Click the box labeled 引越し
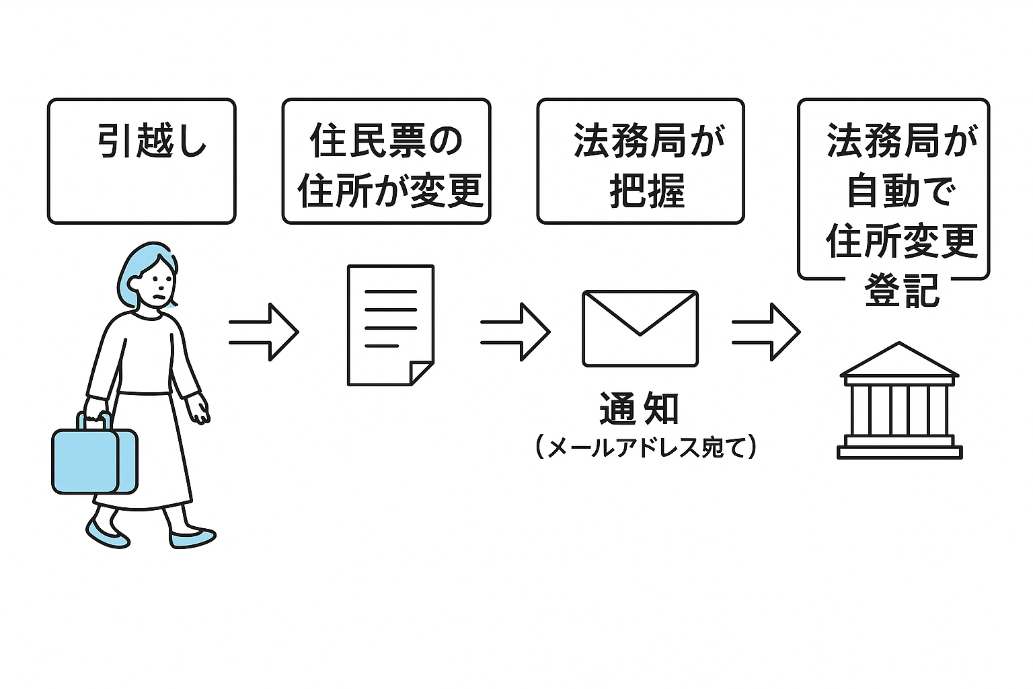click(141, 161)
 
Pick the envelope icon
click(640, 328)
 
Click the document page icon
click(390, 325)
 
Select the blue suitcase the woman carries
click(95, 461)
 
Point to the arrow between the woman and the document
click(263, 332)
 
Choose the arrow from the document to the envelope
click(514, 332)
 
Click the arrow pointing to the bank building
click(765, 332)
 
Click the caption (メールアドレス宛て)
click(646, 447)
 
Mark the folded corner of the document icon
click(422, 373)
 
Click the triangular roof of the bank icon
click(899, 360)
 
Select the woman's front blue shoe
click(192, 538)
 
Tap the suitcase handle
click(95, 421)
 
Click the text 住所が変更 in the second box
click(390, 191)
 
